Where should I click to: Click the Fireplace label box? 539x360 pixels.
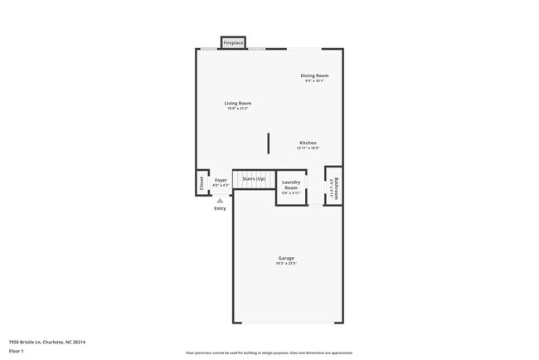[x=233, y=42]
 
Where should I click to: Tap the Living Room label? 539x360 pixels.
[x=238, y=103]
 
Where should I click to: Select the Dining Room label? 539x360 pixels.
[x=314, y=75]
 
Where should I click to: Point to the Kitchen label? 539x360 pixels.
[x=308, y=143]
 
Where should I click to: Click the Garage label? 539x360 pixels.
[x=286, y=258]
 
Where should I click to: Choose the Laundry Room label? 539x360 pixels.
[x=291, y=185]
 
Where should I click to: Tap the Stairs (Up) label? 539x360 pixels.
[x=253, y=179]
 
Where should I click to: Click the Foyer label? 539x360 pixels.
[x=221, y=180]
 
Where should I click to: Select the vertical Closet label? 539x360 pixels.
[x=201, y=182]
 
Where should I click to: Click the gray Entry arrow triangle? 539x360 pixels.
[x=220, y=200]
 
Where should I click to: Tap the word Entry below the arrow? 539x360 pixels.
[x=220, y=208]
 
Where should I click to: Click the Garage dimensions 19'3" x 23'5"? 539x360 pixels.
[x=286, y=264]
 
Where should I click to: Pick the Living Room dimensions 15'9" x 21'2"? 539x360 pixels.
[x=238, y=109]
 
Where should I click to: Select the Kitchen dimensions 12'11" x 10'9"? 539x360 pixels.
[x=308, y=148]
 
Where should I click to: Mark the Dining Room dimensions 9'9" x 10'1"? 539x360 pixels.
[x=314, y=81]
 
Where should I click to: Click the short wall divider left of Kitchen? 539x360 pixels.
[x=268, y=143]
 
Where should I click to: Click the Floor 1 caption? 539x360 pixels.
[x=17, y=350]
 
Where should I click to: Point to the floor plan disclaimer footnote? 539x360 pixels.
[x=269, y=353]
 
